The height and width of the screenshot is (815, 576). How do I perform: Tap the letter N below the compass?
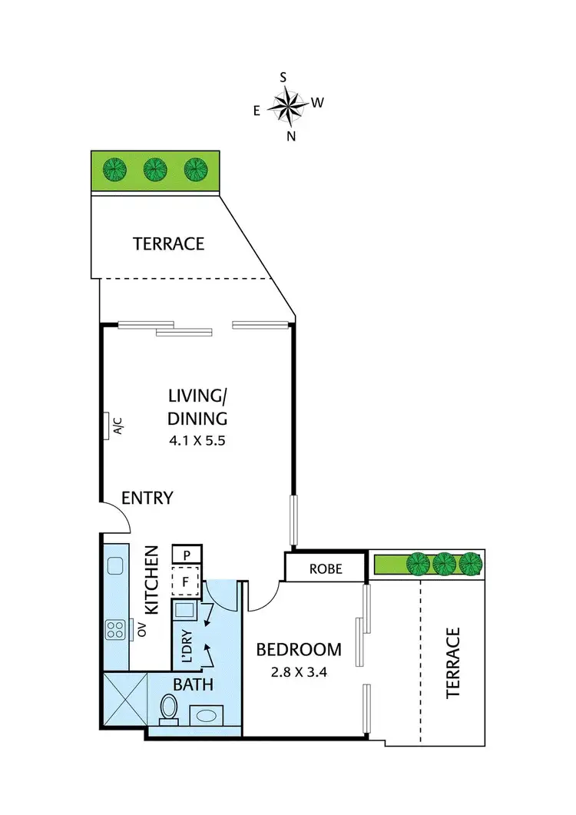291,136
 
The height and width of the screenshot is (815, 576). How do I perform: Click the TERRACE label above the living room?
169,244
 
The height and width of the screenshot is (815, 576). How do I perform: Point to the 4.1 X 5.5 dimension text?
197,442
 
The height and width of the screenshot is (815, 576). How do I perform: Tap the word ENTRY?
147,498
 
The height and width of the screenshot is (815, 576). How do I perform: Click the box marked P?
187,555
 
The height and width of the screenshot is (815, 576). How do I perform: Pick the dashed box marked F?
186,581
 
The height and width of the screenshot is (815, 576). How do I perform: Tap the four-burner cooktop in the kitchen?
116,630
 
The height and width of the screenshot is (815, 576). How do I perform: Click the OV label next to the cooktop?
141,630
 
